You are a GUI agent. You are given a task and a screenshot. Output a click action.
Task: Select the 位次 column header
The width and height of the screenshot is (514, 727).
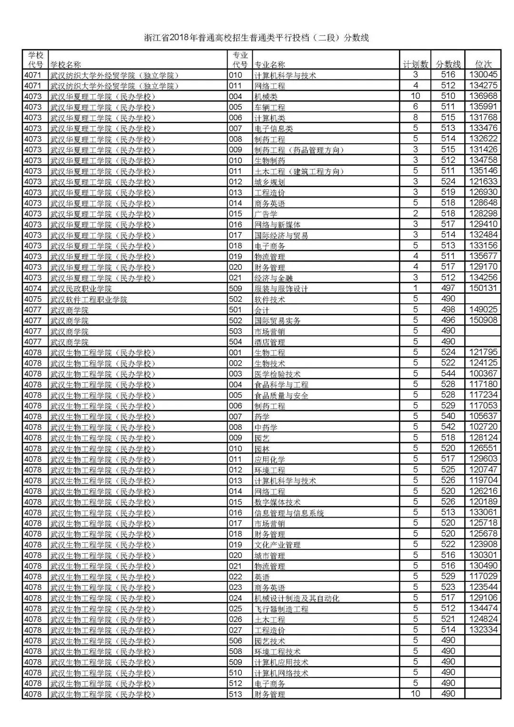tap(483, 64)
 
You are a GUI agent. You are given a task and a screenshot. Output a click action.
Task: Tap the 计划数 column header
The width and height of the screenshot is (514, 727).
tap(415, 64)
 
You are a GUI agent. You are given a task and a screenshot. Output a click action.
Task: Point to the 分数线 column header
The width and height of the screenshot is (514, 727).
tap(448, 64)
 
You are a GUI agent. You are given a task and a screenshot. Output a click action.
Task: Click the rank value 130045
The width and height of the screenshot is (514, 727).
tap(483, 75)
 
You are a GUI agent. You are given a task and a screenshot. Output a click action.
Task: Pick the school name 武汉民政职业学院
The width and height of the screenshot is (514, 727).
tap(81, 289)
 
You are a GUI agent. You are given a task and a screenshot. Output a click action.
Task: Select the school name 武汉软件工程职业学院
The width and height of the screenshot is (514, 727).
tap(89, 299)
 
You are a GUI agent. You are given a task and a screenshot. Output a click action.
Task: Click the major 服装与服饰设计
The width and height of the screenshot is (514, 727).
tap(281, 289)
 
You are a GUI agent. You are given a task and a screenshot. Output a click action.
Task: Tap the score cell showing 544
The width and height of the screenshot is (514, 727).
tap(448, 374)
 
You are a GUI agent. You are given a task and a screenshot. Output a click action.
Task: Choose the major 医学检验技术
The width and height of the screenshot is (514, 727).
tap(277, 374)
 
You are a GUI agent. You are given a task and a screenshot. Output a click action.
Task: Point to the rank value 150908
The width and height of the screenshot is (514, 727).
tap(483, 320)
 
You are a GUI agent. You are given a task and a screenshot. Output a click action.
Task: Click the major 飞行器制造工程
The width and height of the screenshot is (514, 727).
tap(281, 609)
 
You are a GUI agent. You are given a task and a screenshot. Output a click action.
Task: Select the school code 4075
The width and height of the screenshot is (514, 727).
tap(33, 299)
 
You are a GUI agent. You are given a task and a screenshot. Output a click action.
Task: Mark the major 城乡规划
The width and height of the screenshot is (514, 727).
tap(270, 182)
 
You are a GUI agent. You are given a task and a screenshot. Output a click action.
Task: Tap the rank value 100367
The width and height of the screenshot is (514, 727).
tap(483, 374)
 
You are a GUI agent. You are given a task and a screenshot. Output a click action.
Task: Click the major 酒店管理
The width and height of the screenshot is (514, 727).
tap(270, 342)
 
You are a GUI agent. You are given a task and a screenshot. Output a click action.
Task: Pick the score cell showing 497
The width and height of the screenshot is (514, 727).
tap(448, 288)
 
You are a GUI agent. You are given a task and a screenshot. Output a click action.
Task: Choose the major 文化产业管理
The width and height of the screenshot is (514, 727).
tap(277, 545)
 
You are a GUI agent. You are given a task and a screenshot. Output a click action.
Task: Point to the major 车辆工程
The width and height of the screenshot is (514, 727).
tap(270, 107)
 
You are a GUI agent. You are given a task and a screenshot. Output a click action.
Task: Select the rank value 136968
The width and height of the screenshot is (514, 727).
tap(483, 96)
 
